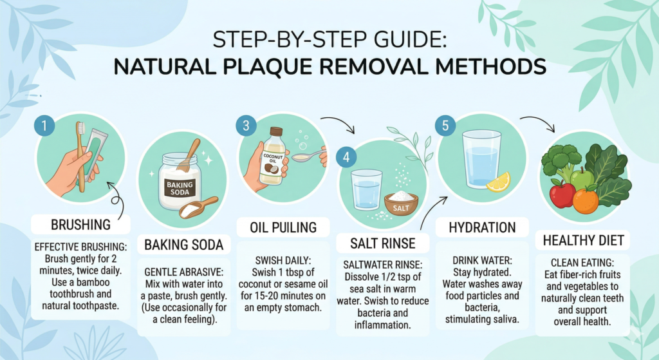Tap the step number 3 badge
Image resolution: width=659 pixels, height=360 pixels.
(245, 126)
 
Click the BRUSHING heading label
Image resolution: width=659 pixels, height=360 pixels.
(82, 225)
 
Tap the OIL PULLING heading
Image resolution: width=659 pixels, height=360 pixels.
(283, 227)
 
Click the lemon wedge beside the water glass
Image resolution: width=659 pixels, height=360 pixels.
(498, 182)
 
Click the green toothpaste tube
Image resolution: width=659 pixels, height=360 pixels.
(93, 155)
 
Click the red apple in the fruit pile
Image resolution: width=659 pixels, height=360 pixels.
(562, 194)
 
